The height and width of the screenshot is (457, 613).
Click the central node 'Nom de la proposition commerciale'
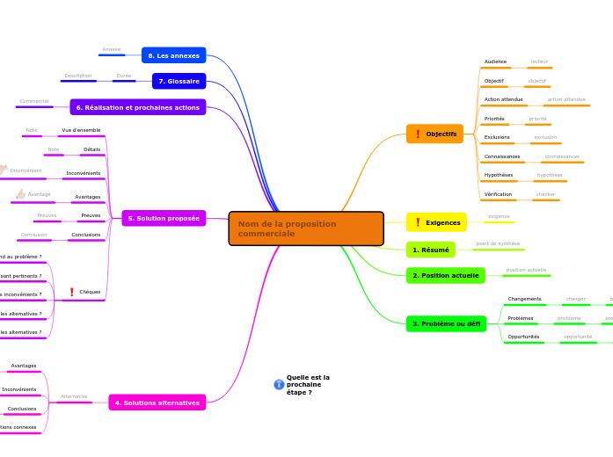[x=305, y=228]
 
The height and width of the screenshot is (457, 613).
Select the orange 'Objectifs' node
[x=434, y=134]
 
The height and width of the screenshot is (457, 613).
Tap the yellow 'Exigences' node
[x=436, y=222]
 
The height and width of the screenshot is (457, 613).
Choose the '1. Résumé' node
[x=430, y=250]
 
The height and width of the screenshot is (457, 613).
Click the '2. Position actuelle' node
[x=445, y=275]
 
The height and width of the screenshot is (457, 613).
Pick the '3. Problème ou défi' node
[x=446, y=323]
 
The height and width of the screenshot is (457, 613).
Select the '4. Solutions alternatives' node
[x=157, y=403]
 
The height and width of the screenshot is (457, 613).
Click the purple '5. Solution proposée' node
[x=163, y=218]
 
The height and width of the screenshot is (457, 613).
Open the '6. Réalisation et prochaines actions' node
[x=137, y=107]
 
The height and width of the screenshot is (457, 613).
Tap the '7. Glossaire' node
[x=179, y=81]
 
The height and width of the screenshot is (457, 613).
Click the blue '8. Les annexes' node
[x=173, y=55]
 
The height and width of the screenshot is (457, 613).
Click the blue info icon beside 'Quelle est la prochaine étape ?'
[x=279, y=385]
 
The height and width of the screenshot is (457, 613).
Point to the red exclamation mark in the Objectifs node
[x=418, y=134]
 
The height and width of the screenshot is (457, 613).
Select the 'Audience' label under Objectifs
[x=495, y=62]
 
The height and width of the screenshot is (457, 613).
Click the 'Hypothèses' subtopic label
[x=498, y=175]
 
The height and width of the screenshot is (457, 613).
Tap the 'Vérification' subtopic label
[x=498, y=193]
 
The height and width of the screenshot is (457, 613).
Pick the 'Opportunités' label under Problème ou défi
[x=523, y=337]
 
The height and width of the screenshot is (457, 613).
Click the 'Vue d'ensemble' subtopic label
[x=81, y=130]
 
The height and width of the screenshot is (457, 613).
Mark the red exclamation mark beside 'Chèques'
[x=71, y=292]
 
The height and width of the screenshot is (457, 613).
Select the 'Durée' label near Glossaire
[x=123, y=76]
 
